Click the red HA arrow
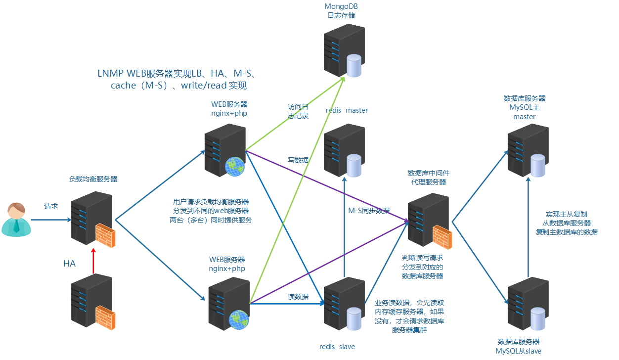click(x=93, y=261)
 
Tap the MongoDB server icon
click(x=342, y=52)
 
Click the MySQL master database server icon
click(x=527, y=150)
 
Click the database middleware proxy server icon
click(x=428, y=220)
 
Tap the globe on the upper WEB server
click(x=234, y=167)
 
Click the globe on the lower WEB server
click(x=238, y=320)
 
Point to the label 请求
click(x=51, y=206)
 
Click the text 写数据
click(x=298, y=160)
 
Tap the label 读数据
click(x=298, y=297)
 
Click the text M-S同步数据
click(x=369, y=211)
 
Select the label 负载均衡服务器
click(x=93, y=179)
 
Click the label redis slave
click(x=337, y=347)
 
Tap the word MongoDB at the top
click(x=341, y=6)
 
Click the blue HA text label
click(x=69, y=264)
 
